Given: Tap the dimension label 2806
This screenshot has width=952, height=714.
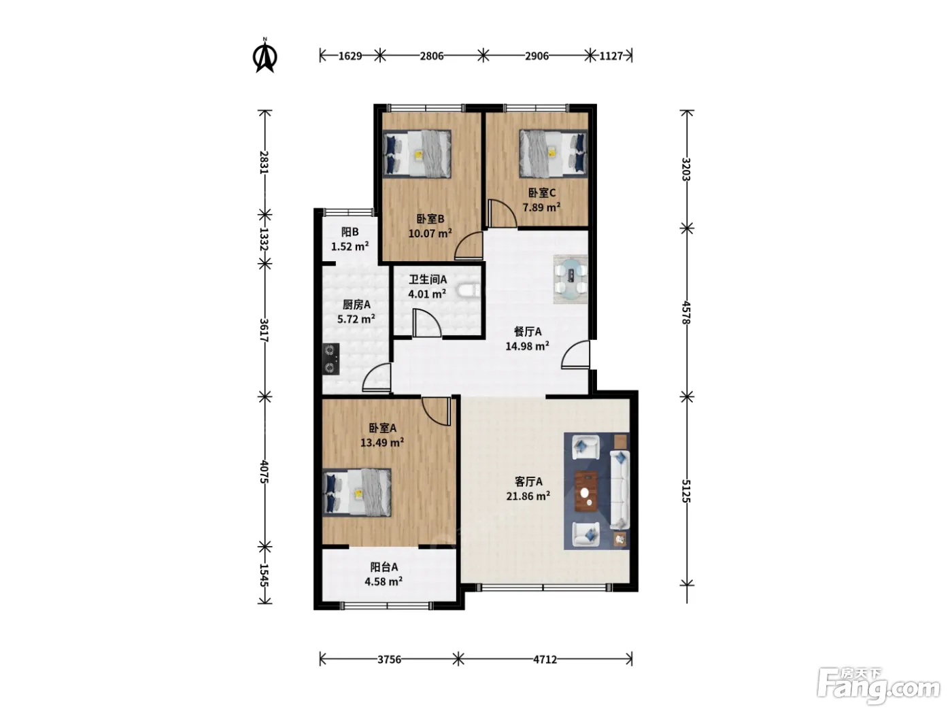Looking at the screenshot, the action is point(432,56).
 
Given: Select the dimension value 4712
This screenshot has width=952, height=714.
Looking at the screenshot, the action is point(545,660).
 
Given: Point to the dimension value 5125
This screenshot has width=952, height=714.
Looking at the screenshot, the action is point(685,491).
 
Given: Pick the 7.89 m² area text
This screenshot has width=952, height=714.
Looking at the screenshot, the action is point(541,207).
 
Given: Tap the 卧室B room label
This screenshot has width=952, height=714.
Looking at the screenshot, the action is point(430,219).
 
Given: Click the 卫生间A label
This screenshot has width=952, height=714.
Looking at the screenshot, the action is point(428,279).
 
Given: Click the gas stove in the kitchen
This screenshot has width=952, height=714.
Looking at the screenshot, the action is point(330,359).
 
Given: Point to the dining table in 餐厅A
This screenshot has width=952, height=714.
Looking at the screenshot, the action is point(570,279).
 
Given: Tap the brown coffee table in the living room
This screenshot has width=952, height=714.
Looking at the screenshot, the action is point(586,491).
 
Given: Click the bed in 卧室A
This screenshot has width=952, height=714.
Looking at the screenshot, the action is point(357,492).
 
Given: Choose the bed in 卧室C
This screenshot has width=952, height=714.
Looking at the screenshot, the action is point(554,154).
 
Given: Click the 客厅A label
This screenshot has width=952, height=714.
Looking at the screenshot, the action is point(528,481).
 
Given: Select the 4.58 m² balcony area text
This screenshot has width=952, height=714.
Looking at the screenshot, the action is point(384,581).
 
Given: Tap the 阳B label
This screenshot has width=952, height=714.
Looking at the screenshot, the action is point(350,232).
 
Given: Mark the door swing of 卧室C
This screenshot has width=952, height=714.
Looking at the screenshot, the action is point(503,213).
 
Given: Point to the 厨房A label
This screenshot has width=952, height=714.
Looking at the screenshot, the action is point(356,305).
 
